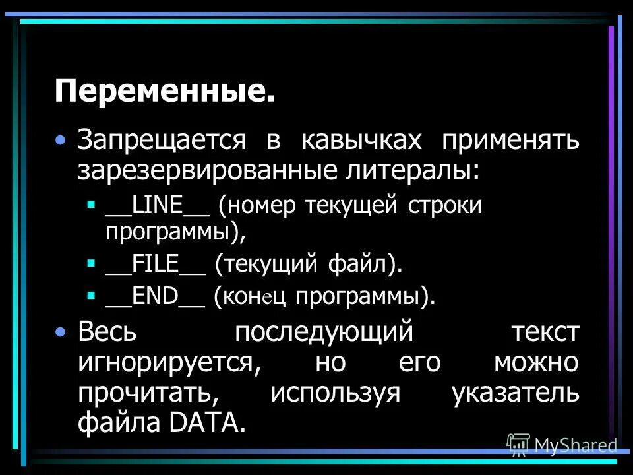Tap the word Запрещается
tap(162, 141)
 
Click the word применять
tap(510, 141)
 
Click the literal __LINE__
tap(157, 205)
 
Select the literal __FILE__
tap(154, 265)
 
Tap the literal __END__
tap(154, 296)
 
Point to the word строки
tap(448, 205)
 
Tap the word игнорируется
tap(166, 363)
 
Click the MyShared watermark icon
tap(518, 446)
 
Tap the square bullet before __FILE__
tap(91, 263)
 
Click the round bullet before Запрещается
tap(61, 140)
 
